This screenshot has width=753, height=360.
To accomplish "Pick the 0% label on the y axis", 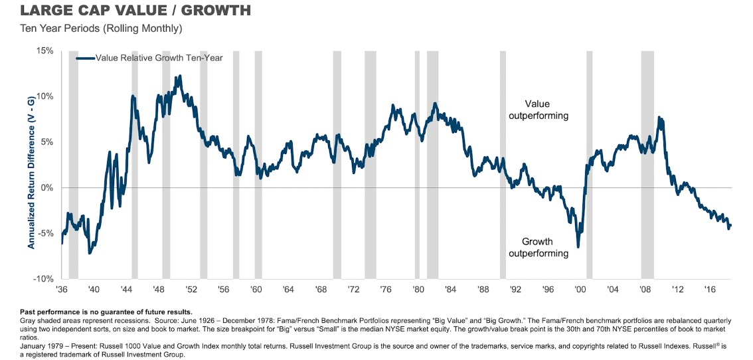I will tap(46, 188).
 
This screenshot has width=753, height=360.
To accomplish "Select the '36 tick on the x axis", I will tap(61, 290).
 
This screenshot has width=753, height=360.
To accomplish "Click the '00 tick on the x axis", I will tap(580, 290).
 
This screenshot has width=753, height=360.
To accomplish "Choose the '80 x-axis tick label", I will tap(418, 290).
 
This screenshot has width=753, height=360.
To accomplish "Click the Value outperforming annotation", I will tap(538, 110).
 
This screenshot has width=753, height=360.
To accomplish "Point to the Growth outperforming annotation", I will tap(538, 247).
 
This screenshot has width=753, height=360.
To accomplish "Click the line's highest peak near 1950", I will tap(179, 76).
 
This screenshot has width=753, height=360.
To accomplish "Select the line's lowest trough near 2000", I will tap(578, 246).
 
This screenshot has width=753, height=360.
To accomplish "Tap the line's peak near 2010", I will tap(659, 118).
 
